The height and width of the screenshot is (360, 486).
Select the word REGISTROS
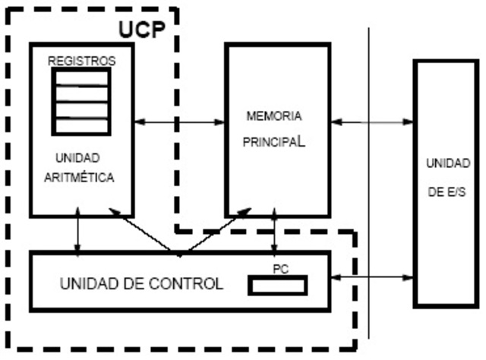tap(80, 60)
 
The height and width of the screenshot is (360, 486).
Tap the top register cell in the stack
tap(80, 78)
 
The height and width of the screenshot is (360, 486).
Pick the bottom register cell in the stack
tap(80, 125)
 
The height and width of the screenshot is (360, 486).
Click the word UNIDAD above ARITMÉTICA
tap(77, 159)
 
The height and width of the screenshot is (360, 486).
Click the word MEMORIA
tap(274, 117)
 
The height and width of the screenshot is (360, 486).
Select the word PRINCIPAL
tap(275, 142)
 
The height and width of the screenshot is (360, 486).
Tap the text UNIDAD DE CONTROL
tap(141, 285)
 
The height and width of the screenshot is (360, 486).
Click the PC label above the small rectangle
tap(279, 270)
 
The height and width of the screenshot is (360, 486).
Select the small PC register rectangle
tap(278, 286)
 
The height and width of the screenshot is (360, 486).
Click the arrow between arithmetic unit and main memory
tap(179, 121)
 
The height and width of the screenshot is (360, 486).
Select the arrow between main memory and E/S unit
tap(372, 121)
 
